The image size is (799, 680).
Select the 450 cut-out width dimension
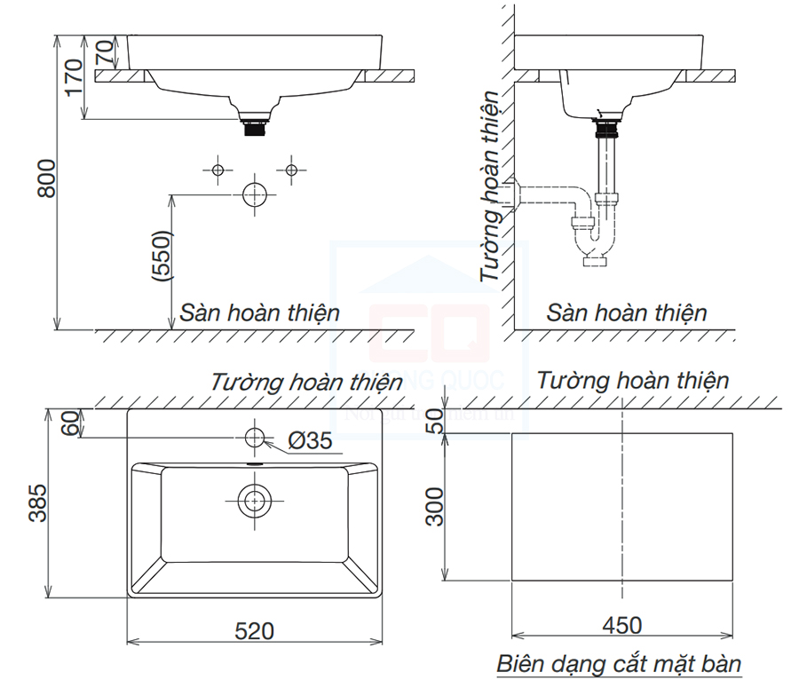(x=621, y=626)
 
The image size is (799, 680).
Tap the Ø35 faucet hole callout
(x=309, y=441)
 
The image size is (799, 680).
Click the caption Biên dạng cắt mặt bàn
(x=619, y=663)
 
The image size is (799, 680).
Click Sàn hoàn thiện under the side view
(x=627, y=312)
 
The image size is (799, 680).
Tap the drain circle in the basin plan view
(x=255, y=501)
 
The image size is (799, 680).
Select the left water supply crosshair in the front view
(x=217, y=170)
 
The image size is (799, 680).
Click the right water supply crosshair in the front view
(x=290, y=169)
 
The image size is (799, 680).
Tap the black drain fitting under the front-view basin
(x=256, y=126)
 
